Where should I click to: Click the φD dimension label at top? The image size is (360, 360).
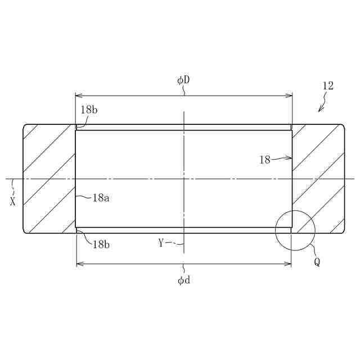(183, 80)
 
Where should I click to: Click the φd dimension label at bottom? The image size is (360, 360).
(184, 280)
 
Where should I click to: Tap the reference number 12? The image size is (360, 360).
(328, 86)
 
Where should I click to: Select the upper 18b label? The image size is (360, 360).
(89, 110)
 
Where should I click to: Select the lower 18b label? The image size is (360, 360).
(101, 245)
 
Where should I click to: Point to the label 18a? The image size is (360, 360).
(101, 197)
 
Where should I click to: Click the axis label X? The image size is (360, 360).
(13, 201)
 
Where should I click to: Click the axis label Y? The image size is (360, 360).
(161, 242)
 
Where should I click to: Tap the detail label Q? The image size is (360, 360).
(317, 262)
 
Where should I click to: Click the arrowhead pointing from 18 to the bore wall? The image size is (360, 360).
(289, 157)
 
